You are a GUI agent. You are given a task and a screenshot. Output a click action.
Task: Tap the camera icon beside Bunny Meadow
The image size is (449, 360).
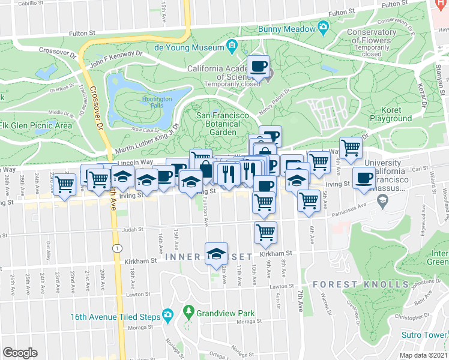tap(324, 28)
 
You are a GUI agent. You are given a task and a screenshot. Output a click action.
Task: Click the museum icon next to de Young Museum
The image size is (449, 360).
tap(232, 46)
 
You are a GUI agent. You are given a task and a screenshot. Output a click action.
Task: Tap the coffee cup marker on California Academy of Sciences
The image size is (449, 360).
tap(259, 66)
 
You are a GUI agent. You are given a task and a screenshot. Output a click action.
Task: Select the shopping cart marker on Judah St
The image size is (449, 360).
tap(265, 232)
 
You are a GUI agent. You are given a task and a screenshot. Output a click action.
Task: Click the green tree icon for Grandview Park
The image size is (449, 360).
tap(188, 311)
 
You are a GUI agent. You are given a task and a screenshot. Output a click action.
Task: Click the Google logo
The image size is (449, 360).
tap(20, 353)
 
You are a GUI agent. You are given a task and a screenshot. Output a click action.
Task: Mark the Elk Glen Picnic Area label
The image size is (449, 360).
tap(36, 125)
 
